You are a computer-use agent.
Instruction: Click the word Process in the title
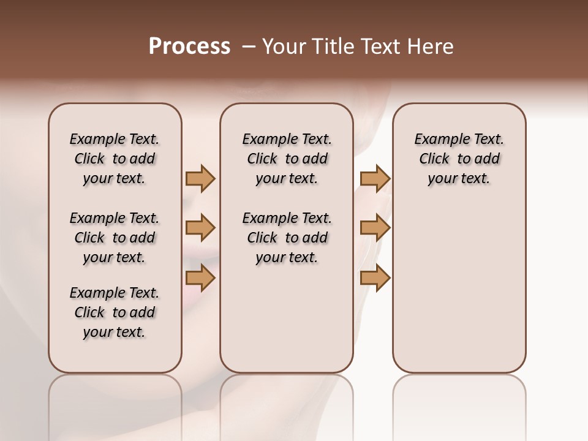[x=189, y=47]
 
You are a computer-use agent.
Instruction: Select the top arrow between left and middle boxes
[x=200, y=178]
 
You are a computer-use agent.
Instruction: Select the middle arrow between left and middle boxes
[x=200, y=228]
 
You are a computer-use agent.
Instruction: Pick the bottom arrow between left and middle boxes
[x=200, y=278]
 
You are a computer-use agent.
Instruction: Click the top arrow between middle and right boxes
[x=375, y=178]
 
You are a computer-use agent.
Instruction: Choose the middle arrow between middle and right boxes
[x=375, y=228]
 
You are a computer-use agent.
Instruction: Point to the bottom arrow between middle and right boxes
[x=375, y=278]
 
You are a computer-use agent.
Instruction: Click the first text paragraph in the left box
[x=115, y=159]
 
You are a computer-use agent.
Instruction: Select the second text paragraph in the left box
[x=115, y=238]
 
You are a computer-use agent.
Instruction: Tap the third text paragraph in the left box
[x=115, y=312]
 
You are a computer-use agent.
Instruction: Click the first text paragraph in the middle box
[x=287, y=159]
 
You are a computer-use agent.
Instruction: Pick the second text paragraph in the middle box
[x=287, y=238]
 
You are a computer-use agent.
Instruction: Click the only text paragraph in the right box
[x=459, y=159]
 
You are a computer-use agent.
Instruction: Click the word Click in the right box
[x=434, y=159]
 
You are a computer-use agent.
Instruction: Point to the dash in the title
[x=249, y=47]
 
